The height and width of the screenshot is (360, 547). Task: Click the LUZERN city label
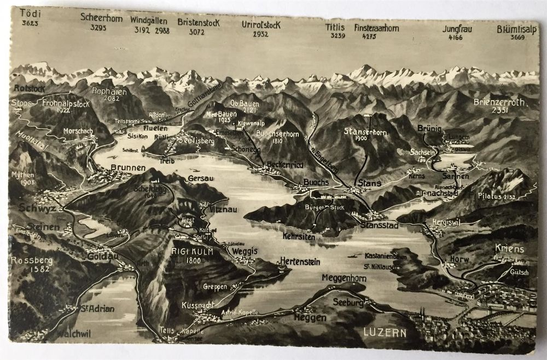coord(386,332)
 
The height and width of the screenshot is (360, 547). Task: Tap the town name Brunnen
coord(127,167)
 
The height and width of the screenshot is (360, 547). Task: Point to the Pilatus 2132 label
coord(496,196)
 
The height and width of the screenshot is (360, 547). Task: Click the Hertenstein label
coord(299,261)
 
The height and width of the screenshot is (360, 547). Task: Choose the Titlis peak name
coord(335,28)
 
